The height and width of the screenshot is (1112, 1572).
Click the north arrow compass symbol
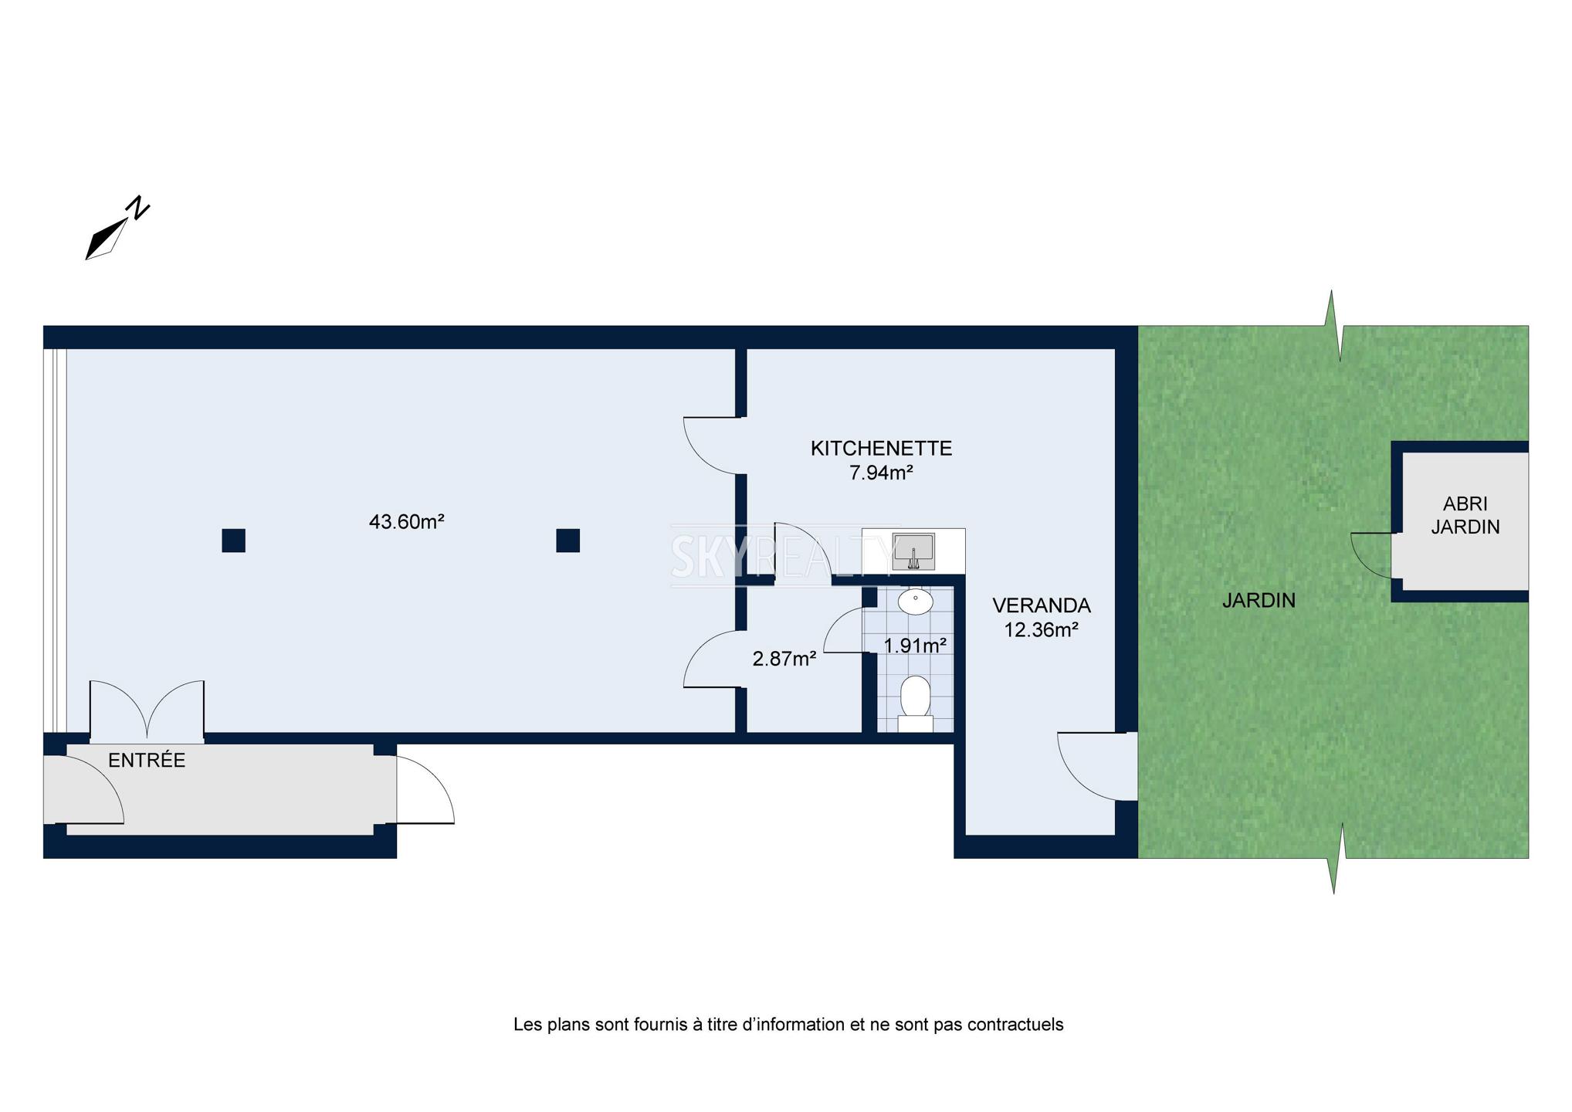click(117, 229)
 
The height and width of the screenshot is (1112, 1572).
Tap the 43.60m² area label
click(406, 522)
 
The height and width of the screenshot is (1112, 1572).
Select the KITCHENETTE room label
click(881, 448)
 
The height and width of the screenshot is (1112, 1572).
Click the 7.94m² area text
click(881, 473)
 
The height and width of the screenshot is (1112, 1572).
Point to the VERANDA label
click(1042, 605)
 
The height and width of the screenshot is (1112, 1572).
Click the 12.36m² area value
click(1041, 630)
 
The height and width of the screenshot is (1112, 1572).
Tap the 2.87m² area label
click(784, 659)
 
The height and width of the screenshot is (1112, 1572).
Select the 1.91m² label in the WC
click(915, 646)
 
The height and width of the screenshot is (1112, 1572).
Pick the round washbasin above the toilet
click(916, 602)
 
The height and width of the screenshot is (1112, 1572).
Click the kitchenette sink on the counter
click(913, 551)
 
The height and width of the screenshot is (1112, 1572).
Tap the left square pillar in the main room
click(233, 541)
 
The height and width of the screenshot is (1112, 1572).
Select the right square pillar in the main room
click(567, 541)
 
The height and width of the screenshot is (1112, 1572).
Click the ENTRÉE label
click(147, 761)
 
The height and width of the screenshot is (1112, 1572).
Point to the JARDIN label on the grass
click(1259, 600)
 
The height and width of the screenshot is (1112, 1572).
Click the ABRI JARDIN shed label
click(1465, 515)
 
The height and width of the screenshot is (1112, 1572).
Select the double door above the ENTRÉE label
click(147, 709)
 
